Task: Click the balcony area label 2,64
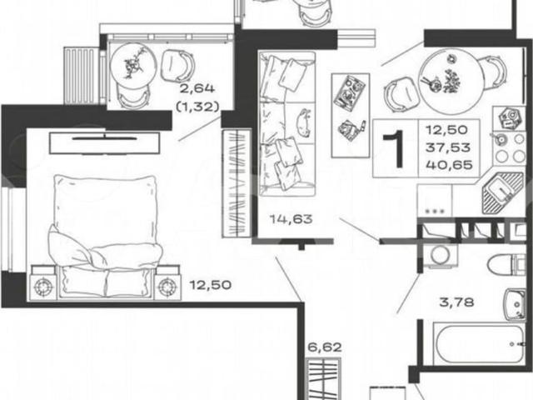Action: (197, 89)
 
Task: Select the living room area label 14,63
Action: (291, 218)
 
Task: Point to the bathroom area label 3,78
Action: (456, 302)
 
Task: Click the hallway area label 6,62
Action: (325, 347)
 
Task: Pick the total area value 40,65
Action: (449, 165)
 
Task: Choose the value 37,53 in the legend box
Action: (448, 147)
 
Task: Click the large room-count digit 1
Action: (396, 149)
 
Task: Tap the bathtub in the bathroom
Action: (480, 344)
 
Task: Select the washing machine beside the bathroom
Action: (441, 255)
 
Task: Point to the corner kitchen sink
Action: (502, 192)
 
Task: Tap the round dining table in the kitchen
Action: (451, 80)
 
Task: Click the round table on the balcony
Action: (133, 65)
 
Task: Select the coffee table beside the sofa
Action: (351, 115)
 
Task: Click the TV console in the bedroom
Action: (104, 142)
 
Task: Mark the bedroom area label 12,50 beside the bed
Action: (211, 284)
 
